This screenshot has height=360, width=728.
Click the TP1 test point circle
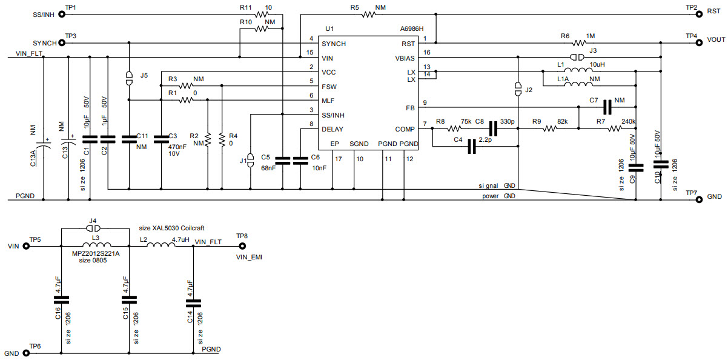click(x=61, y=15)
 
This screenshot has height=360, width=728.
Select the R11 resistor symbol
click(x=262, y=15)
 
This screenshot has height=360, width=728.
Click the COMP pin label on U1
click(x=405, y=129)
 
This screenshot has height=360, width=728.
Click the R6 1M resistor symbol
click(x=579, y=43)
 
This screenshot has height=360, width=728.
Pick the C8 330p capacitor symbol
click(x=493, y=128)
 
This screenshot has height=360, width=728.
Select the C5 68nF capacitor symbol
click(x=283, y=161)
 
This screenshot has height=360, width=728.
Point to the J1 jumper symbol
click(x=251, y=161)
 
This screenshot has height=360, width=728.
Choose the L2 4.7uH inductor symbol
click(x=162, y=245)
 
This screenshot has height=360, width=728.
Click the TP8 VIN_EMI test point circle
click(x=242, y=246)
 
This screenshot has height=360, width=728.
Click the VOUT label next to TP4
click(x=715, y=39)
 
